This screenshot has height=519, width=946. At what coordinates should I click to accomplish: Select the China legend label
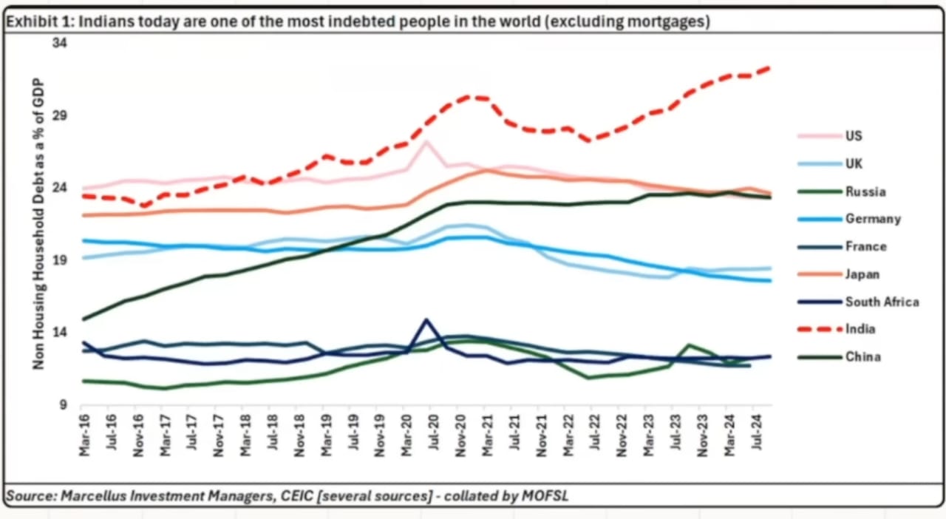coord(862,356)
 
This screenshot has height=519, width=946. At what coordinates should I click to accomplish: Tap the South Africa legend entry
coord(882,302)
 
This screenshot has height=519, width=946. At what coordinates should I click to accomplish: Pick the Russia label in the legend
coord(866,191)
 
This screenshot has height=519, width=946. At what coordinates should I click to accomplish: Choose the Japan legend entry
coord(862,274)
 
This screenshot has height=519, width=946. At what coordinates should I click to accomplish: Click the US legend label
coord(854,136)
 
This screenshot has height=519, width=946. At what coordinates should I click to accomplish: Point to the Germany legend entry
coord(873,219)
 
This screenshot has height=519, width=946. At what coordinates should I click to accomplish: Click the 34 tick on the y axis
coord(60,43)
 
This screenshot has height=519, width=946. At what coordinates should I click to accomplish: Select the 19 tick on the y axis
coord(60,259)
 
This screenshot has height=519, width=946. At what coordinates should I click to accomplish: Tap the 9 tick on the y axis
coord(63,405)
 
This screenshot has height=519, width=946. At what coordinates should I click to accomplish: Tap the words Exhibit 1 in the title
coord(36,22)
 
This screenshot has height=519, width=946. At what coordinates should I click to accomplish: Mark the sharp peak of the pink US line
coord(426,141)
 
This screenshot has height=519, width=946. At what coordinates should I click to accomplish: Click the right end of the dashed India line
coord(770,68)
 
